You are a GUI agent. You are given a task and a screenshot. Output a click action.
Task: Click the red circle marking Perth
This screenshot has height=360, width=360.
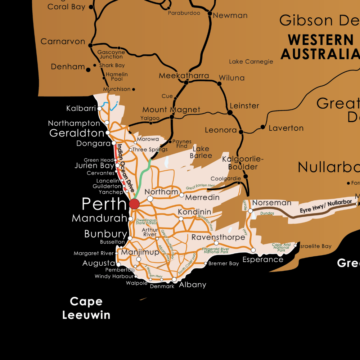click(x=134, y=204)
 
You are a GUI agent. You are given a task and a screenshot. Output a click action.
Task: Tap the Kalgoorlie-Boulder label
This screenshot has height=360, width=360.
click(x=243, y=163)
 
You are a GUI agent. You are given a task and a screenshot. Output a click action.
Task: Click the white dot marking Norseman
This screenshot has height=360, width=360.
click(x=251, y=211)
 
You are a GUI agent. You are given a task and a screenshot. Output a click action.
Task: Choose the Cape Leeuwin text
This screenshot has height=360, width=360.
click(x=86, y=308)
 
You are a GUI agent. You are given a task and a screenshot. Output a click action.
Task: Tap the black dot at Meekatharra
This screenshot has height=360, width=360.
click(x=186, y=82)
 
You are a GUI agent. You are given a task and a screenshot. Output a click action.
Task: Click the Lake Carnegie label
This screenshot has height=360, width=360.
click(x=251, y=62)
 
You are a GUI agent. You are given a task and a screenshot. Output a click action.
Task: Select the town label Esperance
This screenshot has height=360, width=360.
click(x=263, y=260)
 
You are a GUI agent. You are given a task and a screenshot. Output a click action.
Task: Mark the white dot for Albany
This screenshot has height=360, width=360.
click(x=174, y=279)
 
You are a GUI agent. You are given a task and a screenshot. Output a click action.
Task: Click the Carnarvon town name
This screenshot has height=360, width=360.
click(x=63, y=41)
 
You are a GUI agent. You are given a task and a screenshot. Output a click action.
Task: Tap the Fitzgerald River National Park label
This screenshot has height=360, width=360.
click(x=216, y=250)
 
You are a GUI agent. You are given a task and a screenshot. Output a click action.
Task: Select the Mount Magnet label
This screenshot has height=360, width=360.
click(x=171, y=110)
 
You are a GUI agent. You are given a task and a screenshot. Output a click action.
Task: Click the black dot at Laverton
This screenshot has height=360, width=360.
click(x=263, y=127)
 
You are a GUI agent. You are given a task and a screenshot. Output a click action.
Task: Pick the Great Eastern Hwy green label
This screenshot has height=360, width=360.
click(x=201, y=186)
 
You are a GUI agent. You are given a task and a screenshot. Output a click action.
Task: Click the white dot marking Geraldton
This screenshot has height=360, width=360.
click(x=108, y=133)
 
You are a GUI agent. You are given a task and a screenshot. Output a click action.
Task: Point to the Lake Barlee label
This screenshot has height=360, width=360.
click(x=201, y=152)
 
